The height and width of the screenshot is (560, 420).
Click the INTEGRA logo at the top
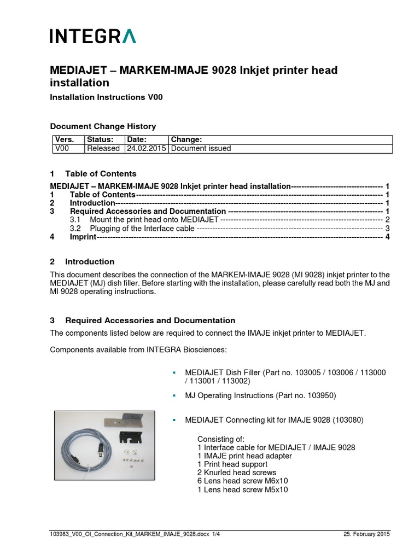pos(93,36)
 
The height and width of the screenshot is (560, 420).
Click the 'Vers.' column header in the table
pos(63,140)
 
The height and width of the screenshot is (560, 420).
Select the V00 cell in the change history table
pos(61,148)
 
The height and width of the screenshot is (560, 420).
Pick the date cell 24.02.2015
pos(146,148)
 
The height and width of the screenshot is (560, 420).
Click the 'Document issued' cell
pos(201,148)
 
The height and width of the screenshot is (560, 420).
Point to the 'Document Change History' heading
pos(103,126)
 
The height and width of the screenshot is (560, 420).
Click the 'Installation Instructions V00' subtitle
pos(106,97)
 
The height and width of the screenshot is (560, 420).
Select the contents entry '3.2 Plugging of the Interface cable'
pos(142,228)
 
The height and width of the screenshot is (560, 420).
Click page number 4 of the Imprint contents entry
pos(387,237)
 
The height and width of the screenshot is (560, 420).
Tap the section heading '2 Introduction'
pos(82,261)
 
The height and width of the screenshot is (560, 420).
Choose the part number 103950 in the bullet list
pos(320,395)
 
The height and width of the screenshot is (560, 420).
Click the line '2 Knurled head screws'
pos(236,472)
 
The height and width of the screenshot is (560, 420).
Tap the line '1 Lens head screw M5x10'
pos(242,489)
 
